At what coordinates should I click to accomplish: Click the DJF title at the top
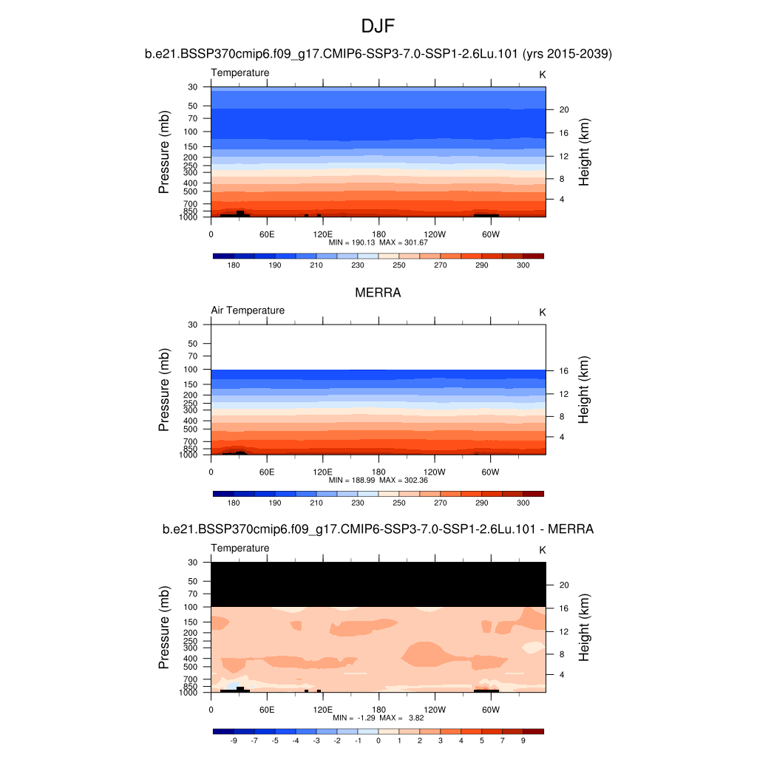378,27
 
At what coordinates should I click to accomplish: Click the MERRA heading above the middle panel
378,293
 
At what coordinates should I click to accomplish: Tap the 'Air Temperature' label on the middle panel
248,310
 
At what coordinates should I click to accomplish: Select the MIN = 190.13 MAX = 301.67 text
378,242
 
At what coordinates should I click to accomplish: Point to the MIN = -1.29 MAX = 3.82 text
378,718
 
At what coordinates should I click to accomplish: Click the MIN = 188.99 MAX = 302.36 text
378,481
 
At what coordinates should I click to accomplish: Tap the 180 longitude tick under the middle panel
378,472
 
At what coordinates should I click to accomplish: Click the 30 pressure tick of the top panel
194,87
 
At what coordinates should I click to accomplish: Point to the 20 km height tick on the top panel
563,109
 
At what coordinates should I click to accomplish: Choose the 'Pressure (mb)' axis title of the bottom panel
164,628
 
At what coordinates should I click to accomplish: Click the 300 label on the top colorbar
523,265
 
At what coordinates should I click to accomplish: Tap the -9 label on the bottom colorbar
234,740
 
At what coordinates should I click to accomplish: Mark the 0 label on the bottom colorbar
378,740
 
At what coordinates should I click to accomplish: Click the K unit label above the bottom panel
543,550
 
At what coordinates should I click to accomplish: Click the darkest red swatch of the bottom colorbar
533,731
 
